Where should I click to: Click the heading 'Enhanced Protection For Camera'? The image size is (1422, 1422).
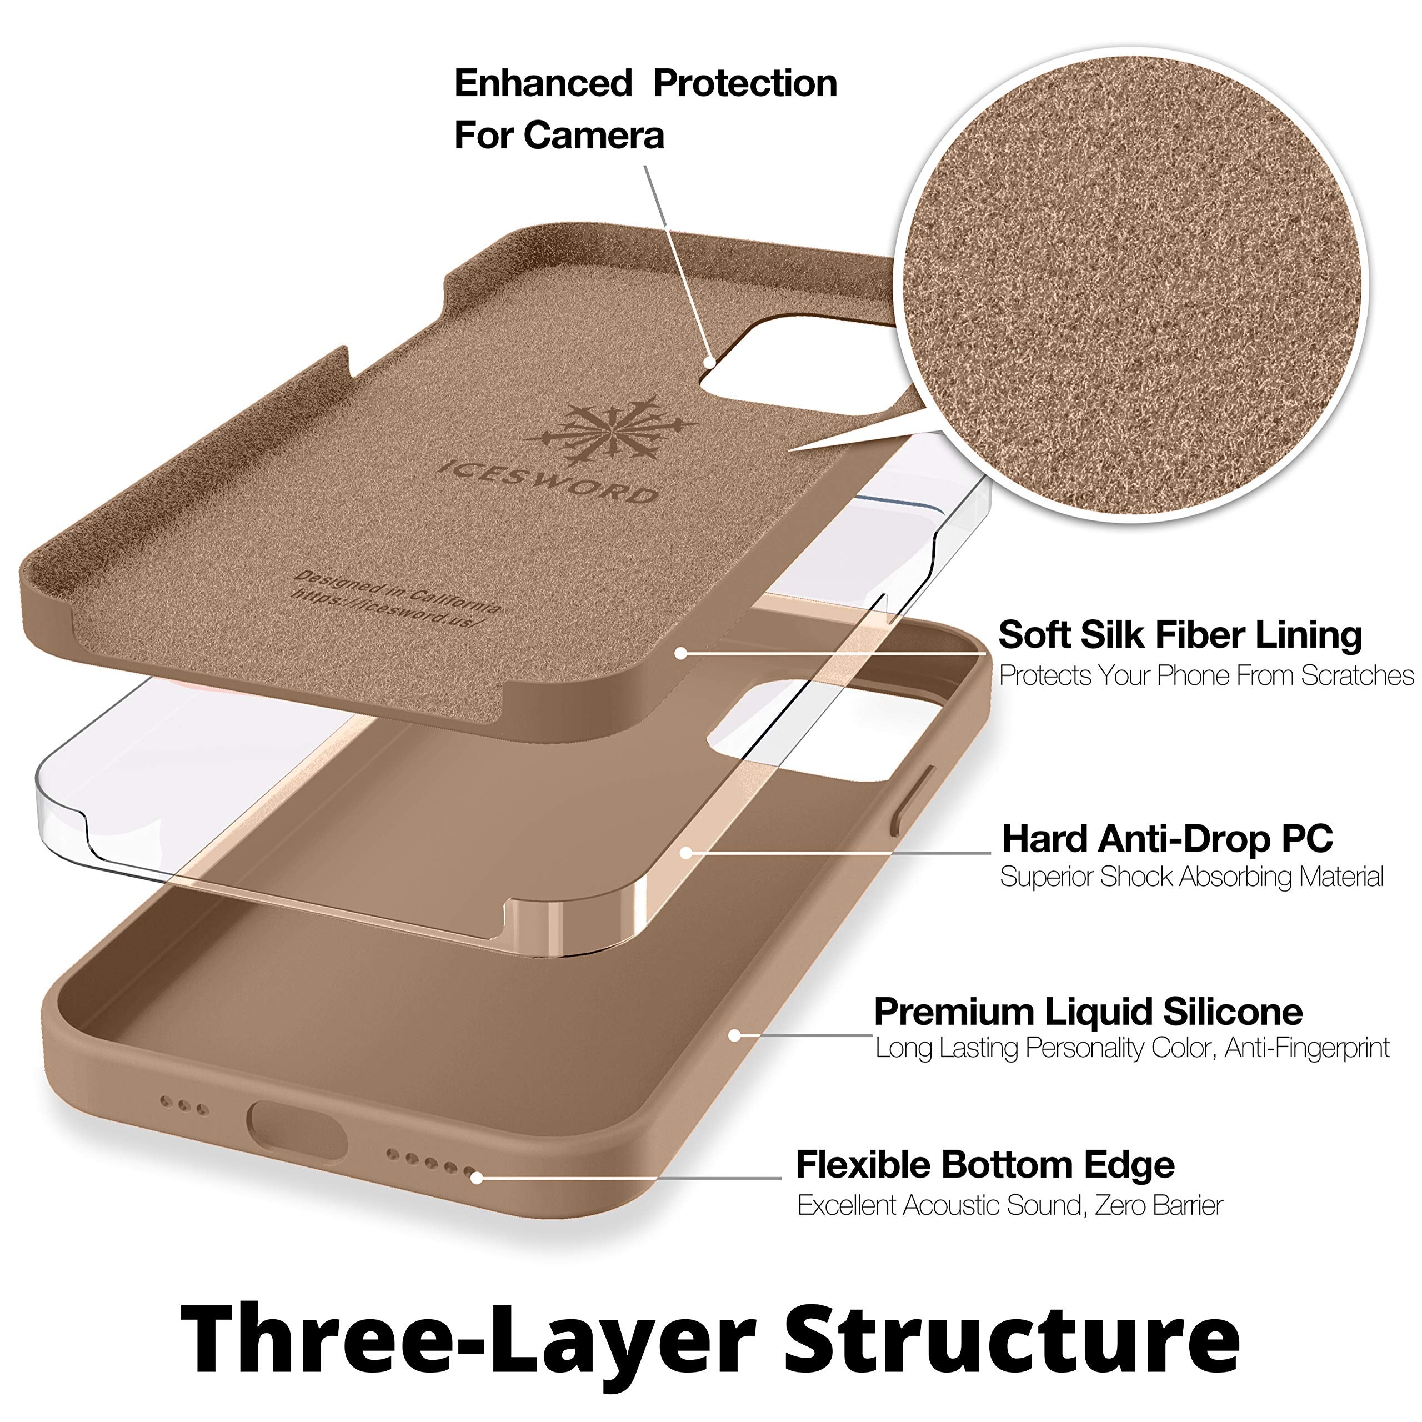point(645,109)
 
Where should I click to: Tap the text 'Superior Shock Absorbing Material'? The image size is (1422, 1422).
point(1191,877)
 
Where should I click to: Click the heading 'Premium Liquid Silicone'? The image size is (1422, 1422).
point(1088,1012)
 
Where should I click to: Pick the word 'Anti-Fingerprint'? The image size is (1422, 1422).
point(1307,1048)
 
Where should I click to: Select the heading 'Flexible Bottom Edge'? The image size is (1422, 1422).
point(985,1165)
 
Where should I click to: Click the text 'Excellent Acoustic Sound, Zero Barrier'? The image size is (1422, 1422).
point(1010,1205)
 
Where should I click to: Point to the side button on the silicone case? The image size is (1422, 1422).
point(913,800)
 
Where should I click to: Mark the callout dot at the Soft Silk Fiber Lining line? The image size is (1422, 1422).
point(682,653)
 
